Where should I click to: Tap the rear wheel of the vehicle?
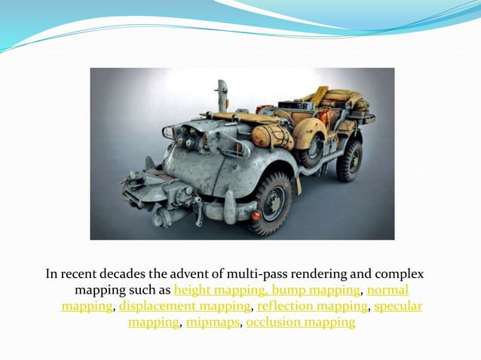pos(348,160)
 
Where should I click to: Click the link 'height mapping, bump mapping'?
pos(267,290)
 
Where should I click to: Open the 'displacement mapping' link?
pos(184,307)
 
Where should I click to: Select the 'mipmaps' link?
pos(213,323)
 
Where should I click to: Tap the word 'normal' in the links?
pos(388,290)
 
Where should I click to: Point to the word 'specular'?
pos(398,307)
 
